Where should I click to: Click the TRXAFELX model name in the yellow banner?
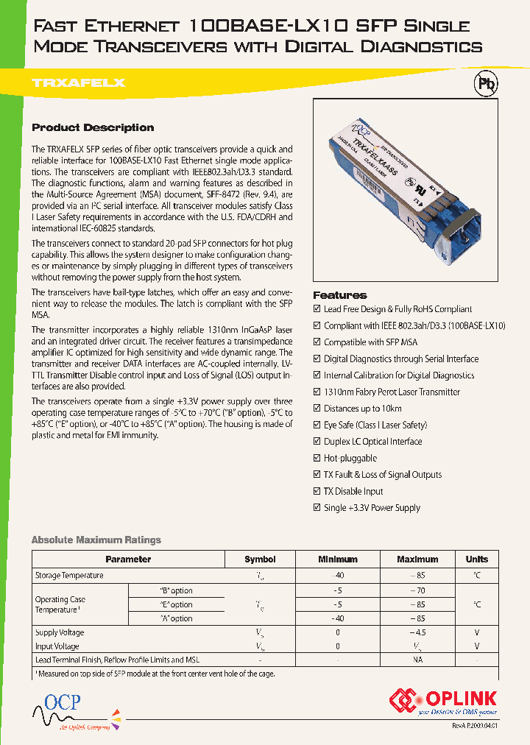(79, 83)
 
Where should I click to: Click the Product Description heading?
(93, 127)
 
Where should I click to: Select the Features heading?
(339, 294)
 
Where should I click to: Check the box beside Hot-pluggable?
(317, 459)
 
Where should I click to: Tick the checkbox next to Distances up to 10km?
(317, 409)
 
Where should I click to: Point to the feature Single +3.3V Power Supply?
(372, 508)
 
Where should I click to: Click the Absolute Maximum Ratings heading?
(96, 540)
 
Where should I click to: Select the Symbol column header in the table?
(260, 559)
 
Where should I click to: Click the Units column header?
(476, 559)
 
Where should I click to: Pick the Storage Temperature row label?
(69, 575)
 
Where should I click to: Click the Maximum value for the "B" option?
(417, 590)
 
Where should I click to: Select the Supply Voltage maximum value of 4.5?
(417, 632)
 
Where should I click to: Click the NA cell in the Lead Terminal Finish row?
(417, 660)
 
